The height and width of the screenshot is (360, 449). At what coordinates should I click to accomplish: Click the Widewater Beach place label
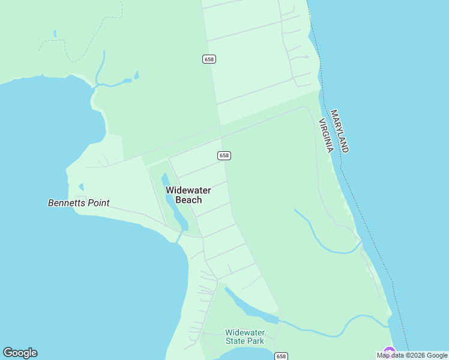pos(188,195)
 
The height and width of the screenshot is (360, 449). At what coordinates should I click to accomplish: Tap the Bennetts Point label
pos(79,203)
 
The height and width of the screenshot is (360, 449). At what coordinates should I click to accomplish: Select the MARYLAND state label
pos(339,131)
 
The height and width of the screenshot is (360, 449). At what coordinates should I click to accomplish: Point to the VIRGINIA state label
pos(325,136)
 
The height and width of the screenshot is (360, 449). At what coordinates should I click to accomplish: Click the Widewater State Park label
pos(244,337)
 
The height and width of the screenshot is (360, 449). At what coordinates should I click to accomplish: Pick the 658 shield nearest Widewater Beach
pos(224,155)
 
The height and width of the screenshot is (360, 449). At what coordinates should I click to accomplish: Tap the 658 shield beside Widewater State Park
pos(280,356)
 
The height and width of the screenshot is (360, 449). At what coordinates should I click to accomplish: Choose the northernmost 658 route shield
pos(209,59)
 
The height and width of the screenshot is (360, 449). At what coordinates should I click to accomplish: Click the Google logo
pos(20,353)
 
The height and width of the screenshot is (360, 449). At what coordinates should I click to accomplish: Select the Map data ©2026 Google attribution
pos(412,355)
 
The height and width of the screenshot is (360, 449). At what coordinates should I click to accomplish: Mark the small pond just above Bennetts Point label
pos(81,187)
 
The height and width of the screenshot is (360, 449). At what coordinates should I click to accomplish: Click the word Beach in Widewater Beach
pos(188,200)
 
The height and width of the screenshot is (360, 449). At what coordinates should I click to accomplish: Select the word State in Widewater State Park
pos(236,341)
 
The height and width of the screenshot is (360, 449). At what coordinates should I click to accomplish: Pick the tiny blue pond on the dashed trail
pos(55,34)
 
